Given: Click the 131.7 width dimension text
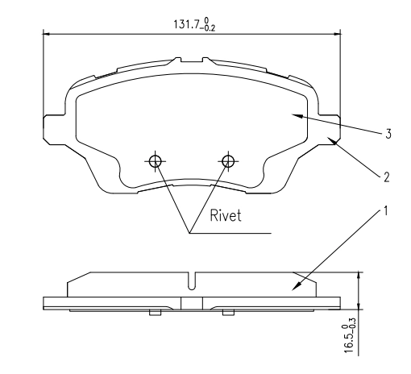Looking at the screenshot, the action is tap(194, 24).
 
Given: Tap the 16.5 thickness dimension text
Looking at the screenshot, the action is tap(349, 335).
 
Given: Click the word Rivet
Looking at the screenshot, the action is tap(226, 215).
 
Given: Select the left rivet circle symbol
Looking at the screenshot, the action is tap(155, 161).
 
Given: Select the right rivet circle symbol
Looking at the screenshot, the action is tap(228, 161).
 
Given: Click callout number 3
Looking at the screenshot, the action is tap(388, 134).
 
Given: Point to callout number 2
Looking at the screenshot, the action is tap(386, 177).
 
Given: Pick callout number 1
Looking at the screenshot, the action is tap(386, 211).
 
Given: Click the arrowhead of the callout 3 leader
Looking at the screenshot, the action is tap(297, 116).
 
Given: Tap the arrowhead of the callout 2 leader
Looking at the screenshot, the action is tap(331, 140).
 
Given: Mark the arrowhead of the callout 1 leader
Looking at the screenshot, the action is tap(296, 286).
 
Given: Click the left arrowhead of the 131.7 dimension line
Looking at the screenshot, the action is tap(47, 34).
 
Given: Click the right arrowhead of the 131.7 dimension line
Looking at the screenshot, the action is tap(338, 34).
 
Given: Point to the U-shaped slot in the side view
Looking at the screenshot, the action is tap(191, 281).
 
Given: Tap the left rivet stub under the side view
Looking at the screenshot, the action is tap(156, 313).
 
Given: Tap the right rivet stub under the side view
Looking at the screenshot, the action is tap(228, 313).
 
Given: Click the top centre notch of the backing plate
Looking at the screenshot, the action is tap(192, 60).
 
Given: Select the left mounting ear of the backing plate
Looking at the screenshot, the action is tap(54, 130).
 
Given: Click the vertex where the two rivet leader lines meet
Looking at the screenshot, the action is tap(189, 233).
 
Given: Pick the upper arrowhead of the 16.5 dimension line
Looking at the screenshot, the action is tap(359, 276).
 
